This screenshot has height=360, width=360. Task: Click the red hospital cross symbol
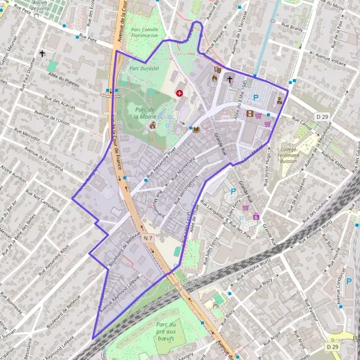180,93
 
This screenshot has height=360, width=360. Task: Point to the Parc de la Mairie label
145,113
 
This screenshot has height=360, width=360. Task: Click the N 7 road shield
148,238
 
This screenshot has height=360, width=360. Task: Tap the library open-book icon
196,129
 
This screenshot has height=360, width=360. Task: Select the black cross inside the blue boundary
229,79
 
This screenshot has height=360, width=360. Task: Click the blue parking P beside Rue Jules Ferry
233,191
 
